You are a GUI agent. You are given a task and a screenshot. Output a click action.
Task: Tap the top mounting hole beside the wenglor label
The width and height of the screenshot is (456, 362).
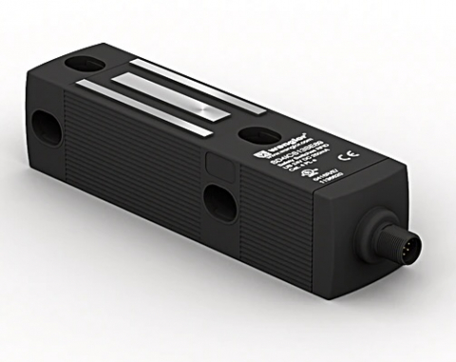pyautogui.click(x=255, y=135)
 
